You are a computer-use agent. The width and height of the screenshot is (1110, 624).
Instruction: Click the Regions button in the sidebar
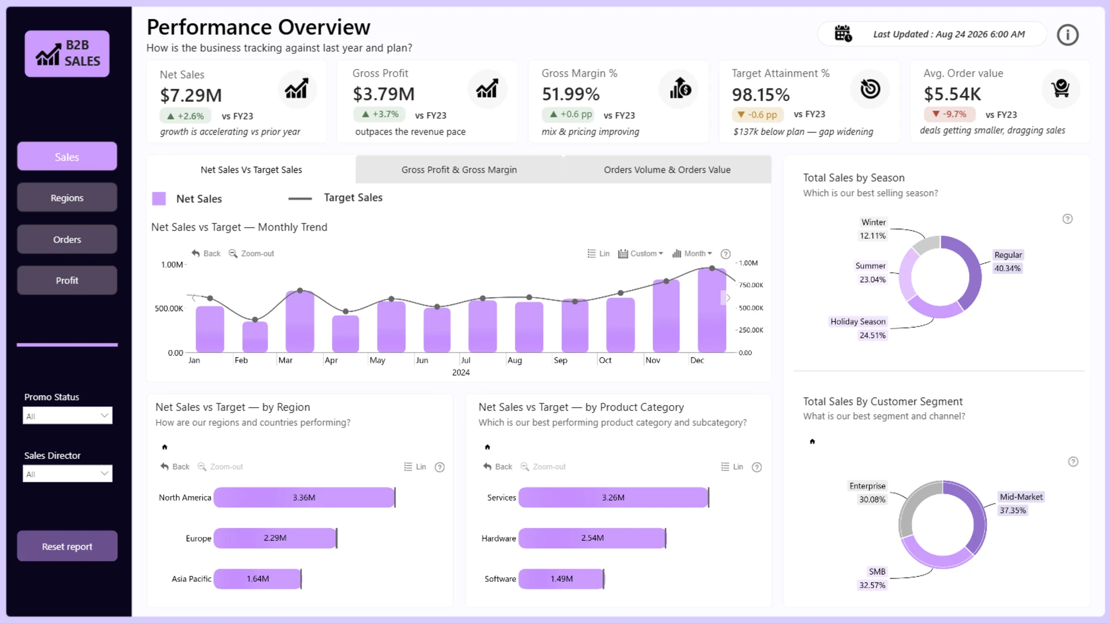coord(67,198)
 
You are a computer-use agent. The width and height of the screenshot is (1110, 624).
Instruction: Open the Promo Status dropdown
coord(68,415)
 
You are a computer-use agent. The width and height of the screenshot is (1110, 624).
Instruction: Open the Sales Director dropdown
coord(68,474)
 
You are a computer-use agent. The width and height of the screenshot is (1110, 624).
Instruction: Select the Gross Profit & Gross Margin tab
coord(459,170)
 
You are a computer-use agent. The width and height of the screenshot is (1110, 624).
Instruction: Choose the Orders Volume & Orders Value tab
coord(667,170)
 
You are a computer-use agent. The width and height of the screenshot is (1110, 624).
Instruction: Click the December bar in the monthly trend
coord(712,310)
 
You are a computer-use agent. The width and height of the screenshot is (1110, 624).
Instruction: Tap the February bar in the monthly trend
coord(255,337)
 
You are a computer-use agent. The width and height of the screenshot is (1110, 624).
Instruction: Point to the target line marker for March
coord(300,291)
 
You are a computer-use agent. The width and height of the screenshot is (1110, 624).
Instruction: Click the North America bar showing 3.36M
coord(304,497)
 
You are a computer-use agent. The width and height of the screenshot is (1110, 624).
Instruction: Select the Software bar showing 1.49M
coord(561,579)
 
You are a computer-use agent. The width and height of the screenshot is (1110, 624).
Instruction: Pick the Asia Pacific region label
coord(191,579)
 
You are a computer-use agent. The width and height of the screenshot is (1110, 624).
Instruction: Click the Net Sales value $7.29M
coord(191,95)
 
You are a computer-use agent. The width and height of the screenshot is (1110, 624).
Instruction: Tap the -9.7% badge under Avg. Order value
coord(949,114)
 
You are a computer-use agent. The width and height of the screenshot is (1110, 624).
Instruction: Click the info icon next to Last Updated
coord(1067,35)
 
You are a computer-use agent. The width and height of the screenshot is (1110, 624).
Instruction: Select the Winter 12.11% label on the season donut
coord(873,229)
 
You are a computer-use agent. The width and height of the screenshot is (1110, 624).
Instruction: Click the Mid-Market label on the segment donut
coord(1021,497)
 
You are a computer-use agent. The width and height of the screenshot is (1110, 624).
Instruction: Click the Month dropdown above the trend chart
coord(693,254)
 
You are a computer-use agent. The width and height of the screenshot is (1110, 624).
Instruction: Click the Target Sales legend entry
coord(335,198)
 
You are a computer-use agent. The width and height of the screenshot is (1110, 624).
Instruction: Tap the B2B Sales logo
coord(67,54)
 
